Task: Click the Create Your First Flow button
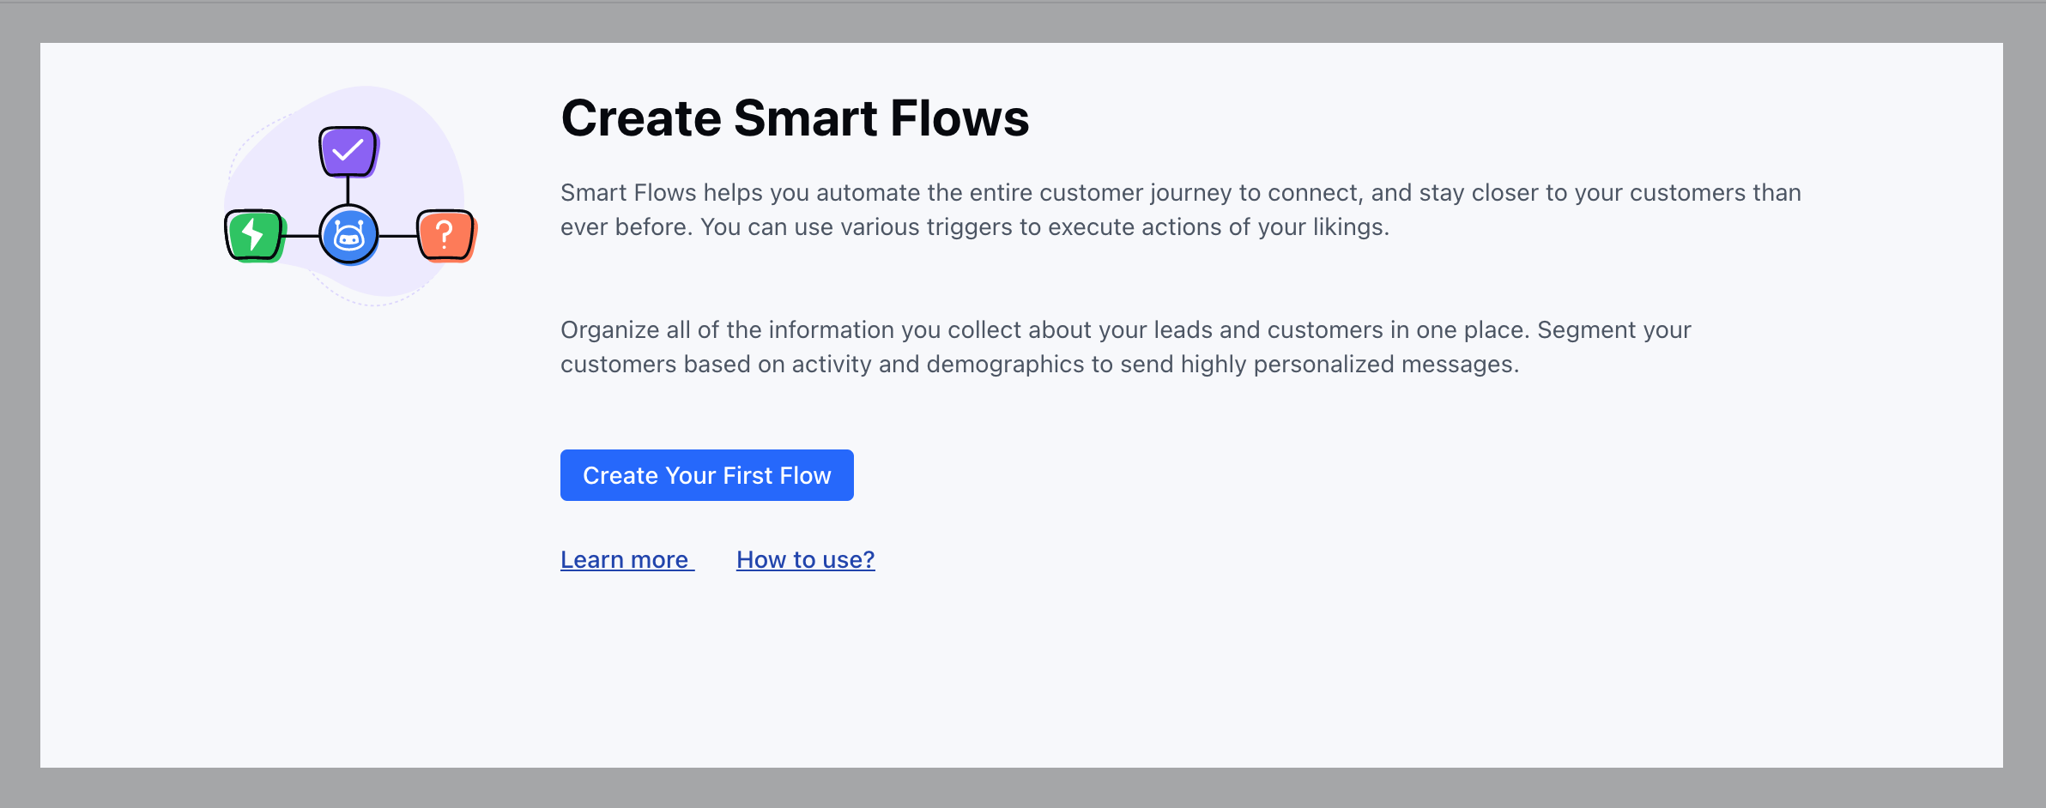coord(706,475)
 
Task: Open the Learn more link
coord(627,559)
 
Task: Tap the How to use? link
coord(806,559)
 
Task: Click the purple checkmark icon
coord(348,152)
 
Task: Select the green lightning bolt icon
coord(254,235)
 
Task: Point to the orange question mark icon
coord(446,235)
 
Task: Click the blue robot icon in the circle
coord(348,235)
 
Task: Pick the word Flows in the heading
coord(959,118)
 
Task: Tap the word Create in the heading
coord(641,118)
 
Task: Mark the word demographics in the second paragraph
coord(1006,365)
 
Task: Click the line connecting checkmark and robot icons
coord(348,191)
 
